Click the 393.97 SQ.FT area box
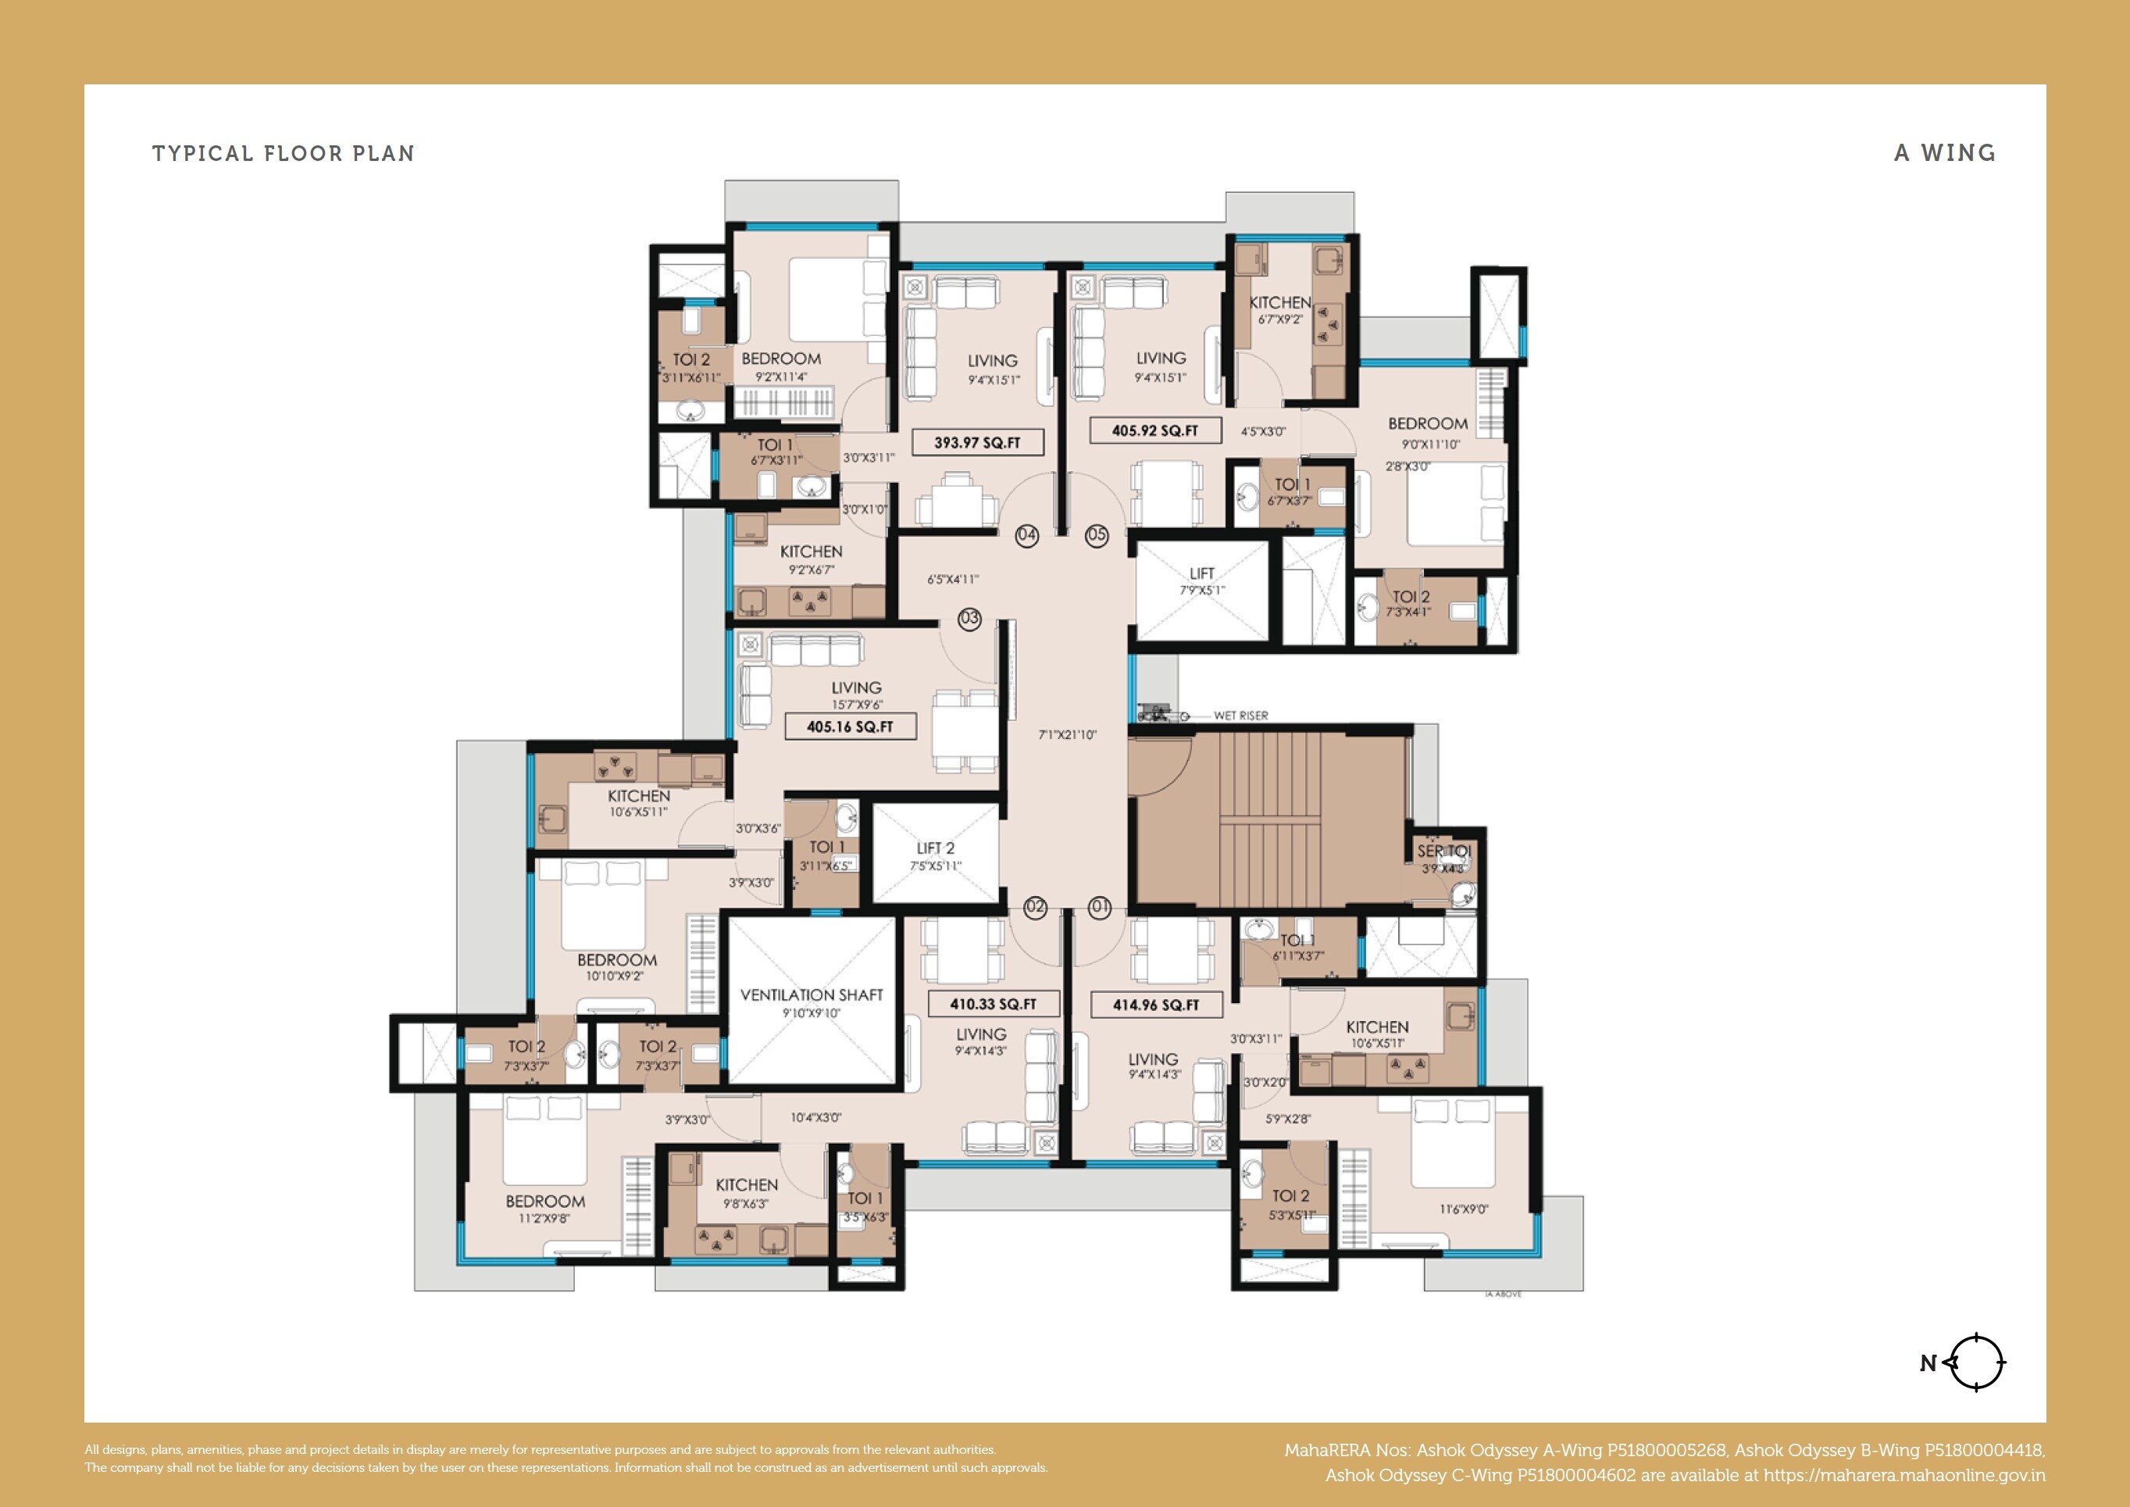(x=977, y=443)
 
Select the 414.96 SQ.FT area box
(x=1155, y=1005)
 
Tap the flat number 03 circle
(x=969, y=619)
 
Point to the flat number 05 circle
(x=1097, y=534)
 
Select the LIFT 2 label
(x=935, y=848)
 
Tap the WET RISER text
(x=1240, y=716)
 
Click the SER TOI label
(x=1443, y=851)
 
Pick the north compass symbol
(x=1975, y=1363)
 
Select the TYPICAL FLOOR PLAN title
(x=283, y=153)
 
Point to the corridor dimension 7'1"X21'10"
(x=1067, y=735)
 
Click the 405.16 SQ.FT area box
(x=850, y=727)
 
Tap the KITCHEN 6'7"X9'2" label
(x=1279, y=309)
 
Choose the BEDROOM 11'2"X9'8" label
(x=544, y=1209)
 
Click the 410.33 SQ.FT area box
(x=993, y=1004)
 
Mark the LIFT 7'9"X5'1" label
(x=1201, y=580)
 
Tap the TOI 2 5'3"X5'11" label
(x=1290, y=1204)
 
